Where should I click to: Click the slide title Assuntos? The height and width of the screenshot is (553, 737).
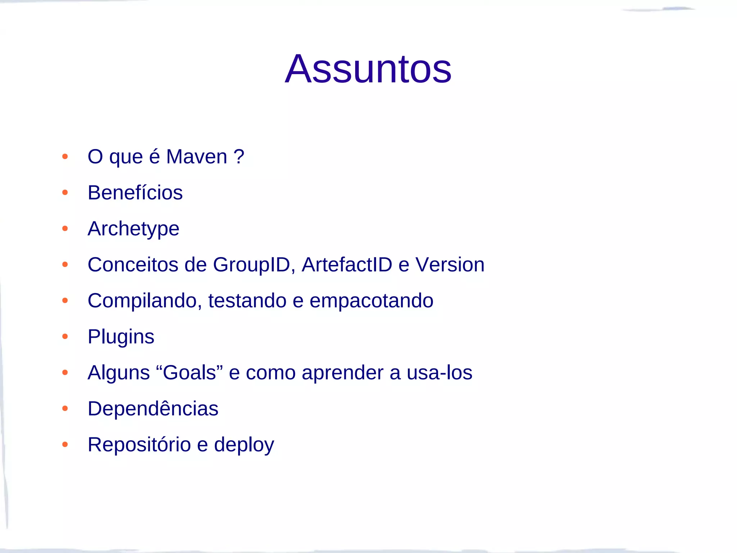tap(368, 69)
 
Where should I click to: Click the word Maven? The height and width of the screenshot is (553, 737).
tap(196, 157)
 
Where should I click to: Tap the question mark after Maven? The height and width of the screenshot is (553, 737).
tap(239, 157)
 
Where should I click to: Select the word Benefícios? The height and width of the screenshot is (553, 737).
tap(135, 193)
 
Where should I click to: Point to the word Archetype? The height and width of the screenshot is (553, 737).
tap(134, 229)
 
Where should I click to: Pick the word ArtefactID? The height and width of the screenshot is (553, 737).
tap(347, 265)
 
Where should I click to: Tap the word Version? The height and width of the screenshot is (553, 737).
tap(450, 265)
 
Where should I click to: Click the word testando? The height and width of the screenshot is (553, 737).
tap(247, 301)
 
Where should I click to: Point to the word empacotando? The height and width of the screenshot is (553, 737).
tap(371, 301)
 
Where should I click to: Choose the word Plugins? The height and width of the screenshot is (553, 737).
tap(121, 337)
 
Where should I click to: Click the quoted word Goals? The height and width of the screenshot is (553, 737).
tap(189, 373)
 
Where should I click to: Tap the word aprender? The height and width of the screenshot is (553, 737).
tap(343, 373)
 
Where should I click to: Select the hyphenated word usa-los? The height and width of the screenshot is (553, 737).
tap(439, 373)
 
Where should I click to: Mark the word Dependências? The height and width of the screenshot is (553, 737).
tap(153, 409)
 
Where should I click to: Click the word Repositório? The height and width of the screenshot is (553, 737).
tap(139, 445)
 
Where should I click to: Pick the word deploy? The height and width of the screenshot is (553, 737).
tap(244, 445)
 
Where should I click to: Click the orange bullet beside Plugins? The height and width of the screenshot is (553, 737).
tap(65, 337)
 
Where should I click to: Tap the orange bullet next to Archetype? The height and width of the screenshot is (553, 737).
tap(65, 229)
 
